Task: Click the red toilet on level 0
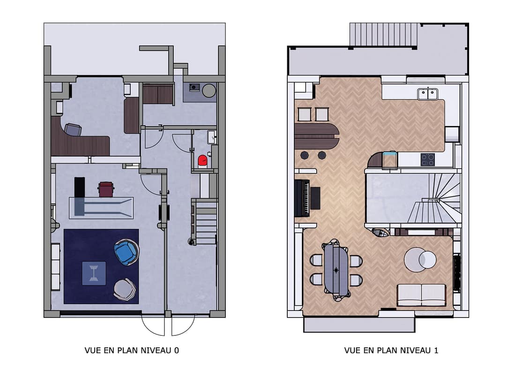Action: pyautogui.click(x=202, y=161)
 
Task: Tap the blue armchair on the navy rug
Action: pyautogui.click(x=127, y=252)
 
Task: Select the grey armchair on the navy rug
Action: pyautogui.click(x=125, y=289)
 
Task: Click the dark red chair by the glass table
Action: pyautogui.click(x=106, y=189)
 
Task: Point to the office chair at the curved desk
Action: pyautogui.click(x=73, y=129)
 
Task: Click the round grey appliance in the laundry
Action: pyautogui.click(x=209, y=91)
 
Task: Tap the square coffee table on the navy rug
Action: pyautogui.click(x=94, y=273)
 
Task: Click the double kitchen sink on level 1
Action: pyautogui.click(x=427, y=94)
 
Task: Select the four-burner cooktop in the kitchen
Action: pyautogui.click(x=427, y=159)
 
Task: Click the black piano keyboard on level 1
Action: pyautogui.click(x=303, y=198)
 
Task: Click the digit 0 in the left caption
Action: pyautogui.click(x=177, y=350)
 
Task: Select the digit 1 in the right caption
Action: pyautogui.click(x=436, y=350)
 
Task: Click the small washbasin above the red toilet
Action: pyautogui.click(x=211, y=137)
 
